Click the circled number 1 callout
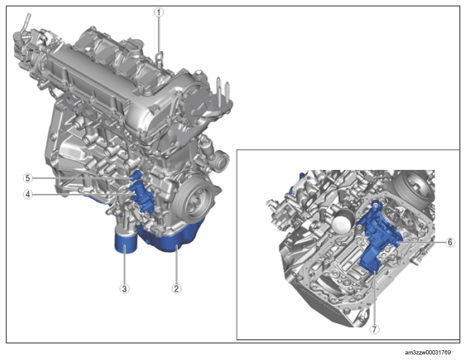click(x=159, y=12)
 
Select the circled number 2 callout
click(x=176, y=288)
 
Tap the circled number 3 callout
click(x=124, y=288)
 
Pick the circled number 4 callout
click(x=28, y=194)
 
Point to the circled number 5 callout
click(x=28, y=178)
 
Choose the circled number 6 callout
click(x=450, y=242)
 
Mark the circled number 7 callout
click(x=375, y=329)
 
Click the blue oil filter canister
click(x=126, y=242)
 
